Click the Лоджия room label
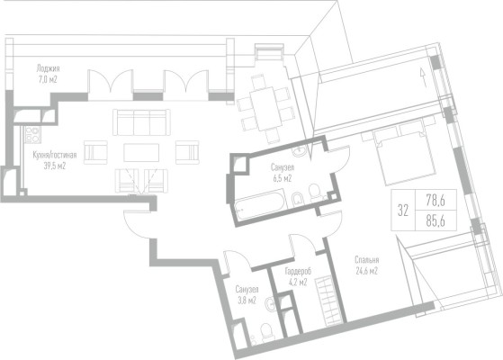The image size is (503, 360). [x=48, y=68]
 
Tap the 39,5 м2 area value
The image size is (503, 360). [x=55, y=166]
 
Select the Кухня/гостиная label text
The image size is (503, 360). [x=55, y=156]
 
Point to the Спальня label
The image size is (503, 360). [x=367, y=260]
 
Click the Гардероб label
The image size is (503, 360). [x=298, y=272]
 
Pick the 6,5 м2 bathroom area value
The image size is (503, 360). [x=283, y=178]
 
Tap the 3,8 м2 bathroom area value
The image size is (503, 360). [x=247, y=301]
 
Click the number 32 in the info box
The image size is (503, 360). [x=403, y=211]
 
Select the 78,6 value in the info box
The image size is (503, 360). [x=436, y=201]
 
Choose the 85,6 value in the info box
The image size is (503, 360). [x=436, y=220]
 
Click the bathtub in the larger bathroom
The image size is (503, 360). [x=260, y=204]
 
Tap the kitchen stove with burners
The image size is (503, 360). [x=33, y=135]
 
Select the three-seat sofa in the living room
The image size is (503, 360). [x=141, y=122]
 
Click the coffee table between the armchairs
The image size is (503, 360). [x=141, y=153]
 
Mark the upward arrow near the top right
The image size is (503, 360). [x=423, y=77]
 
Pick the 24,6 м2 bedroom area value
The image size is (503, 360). [x=367, y=271]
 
